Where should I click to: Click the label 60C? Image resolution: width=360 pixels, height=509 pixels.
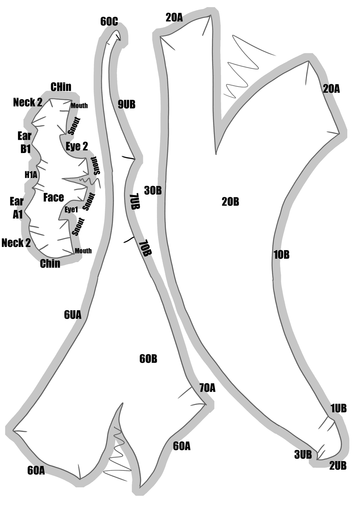[109, 22]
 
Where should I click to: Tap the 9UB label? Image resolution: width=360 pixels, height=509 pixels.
[127, 104]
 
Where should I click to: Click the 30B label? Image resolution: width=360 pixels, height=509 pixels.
[153, 190]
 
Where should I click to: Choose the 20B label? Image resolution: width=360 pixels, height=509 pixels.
[230, 202]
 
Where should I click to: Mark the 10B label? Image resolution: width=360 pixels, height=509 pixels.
[282, 255]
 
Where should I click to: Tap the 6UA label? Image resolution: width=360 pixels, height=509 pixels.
[73, 315]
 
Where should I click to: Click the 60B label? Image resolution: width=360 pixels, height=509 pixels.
[148, 359]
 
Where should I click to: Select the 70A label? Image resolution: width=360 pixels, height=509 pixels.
[207, 388]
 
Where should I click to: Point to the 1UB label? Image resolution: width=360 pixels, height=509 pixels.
[339, 408]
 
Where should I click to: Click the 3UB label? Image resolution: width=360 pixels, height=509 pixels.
[303, 455]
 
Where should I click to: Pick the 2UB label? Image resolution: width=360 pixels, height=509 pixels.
[338, 466]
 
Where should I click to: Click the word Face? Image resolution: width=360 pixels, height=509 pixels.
[54, 197]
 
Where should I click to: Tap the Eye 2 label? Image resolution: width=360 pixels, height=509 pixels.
[77, 146]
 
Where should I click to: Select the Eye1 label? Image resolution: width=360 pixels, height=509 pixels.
[71, 210]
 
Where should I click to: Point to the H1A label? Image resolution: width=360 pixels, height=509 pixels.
[31, 175]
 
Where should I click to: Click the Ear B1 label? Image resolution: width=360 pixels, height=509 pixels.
[25, 143]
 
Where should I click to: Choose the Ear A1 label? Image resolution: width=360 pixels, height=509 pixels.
[17, 208]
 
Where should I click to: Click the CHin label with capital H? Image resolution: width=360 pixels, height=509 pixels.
[61, 87]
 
